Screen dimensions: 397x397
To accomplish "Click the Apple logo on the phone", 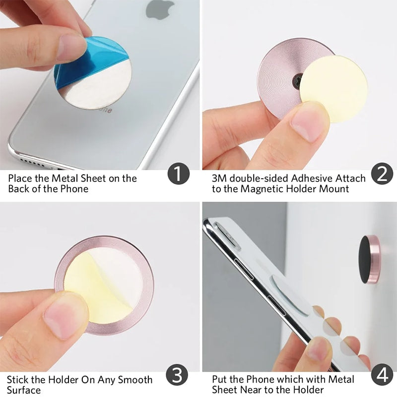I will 160,9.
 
